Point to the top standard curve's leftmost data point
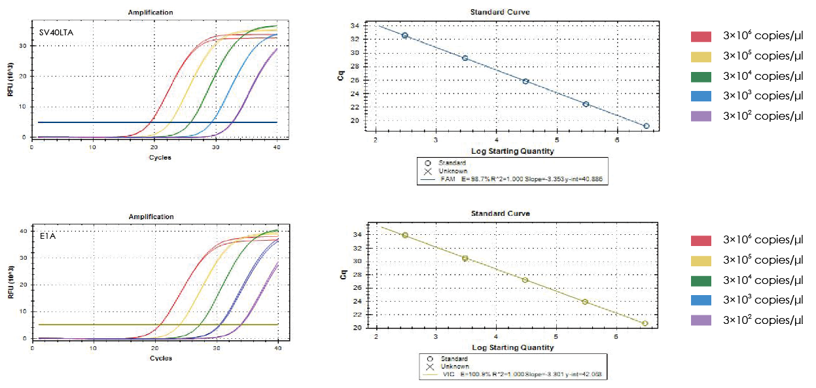405,35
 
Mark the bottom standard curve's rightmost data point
645,323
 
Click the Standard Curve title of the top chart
500,12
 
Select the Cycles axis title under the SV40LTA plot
155,157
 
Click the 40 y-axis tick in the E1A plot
25,231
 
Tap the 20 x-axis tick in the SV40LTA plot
154,147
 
